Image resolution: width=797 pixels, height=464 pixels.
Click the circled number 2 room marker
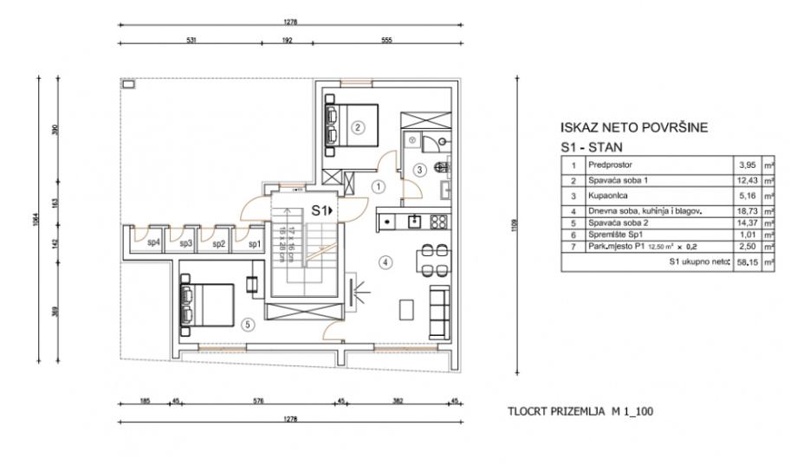coord(358,127)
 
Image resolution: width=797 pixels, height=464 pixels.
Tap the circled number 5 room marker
coord(248,325)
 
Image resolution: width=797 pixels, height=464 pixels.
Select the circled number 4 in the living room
coord(387,261)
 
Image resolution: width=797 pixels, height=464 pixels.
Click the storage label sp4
coord(153,243)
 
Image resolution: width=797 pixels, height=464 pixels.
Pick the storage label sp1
coord(255,243)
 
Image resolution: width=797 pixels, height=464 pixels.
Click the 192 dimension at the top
coord(287,40)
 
